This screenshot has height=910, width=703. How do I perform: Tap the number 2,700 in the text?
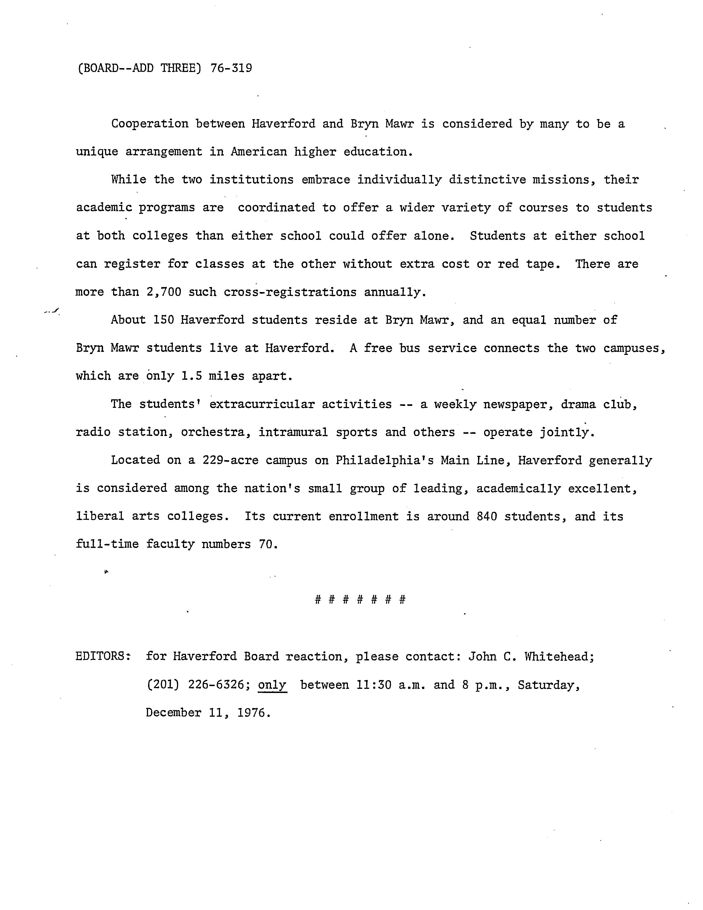[x=164, y=292]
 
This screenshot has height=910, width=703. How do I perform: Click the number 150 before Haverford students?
[x=163, y=320]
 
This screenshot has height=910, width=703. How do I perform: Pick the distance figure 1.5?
[x=192, y=376]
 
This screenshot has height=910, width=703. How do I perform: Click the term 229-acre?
[x=230, y=461]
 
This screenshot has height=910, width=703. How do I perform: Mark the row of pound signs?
[x=360, y=600]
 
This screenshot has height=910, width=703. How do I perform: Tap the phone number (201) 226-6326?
[x=198, y=685]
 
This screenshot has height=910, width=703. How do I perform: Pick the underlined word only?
[x=272, y=685]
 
